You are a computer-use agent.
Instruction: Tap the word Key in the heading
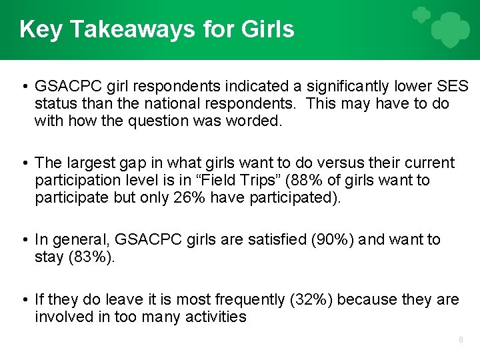coord(41,29)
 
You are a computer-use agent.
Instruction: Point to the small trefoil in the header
coord(420,15)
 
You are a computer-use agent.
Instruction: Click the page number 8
coord(461,340)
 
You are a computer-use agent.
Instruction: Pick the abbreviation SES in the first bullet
coord(455,87)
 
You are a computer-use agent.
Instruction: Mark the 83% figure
coord(91,257)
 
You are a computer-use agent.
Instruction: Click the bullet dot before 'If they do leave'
coord(24,299)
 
